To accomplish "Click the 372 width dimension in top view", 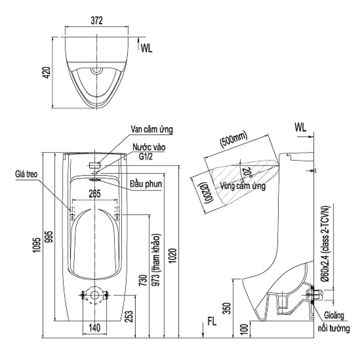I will [x=97, y=21].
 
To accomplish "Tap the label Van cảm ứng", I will [x=152, y=130].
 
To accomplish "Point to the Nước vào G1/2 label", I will [x=148, y=152].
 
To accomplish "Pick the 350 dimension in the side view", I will [x=227, y=308].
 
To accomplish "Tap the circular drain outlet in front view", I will [x=95, y=296].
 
